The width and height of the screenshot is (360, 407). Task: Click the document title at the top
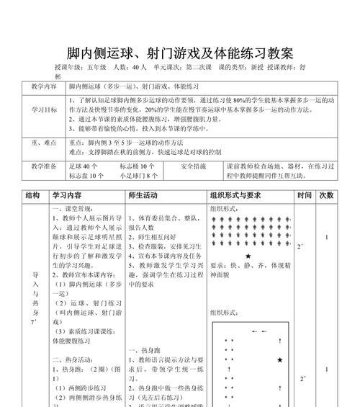click(x=180, y=53)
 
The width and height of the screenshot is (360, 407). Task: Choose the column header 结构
click(x=32, y=195)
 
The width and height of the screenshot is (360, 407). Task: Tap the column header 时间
click(x=305, y=195)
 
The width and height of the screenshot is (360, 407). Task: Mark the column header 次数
click(x=326, y=195)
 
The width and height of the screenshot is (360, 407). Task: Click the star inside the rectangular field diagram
click(x=279, y=359)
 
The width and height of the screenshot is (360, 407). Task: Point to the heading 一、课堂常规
click(x=71, y=208)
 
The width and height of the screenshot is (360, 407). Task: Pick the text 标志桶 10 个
click(x=137, y=166)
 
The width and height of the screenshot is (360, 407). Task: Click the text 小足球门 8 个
click(x=139, y=175)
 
